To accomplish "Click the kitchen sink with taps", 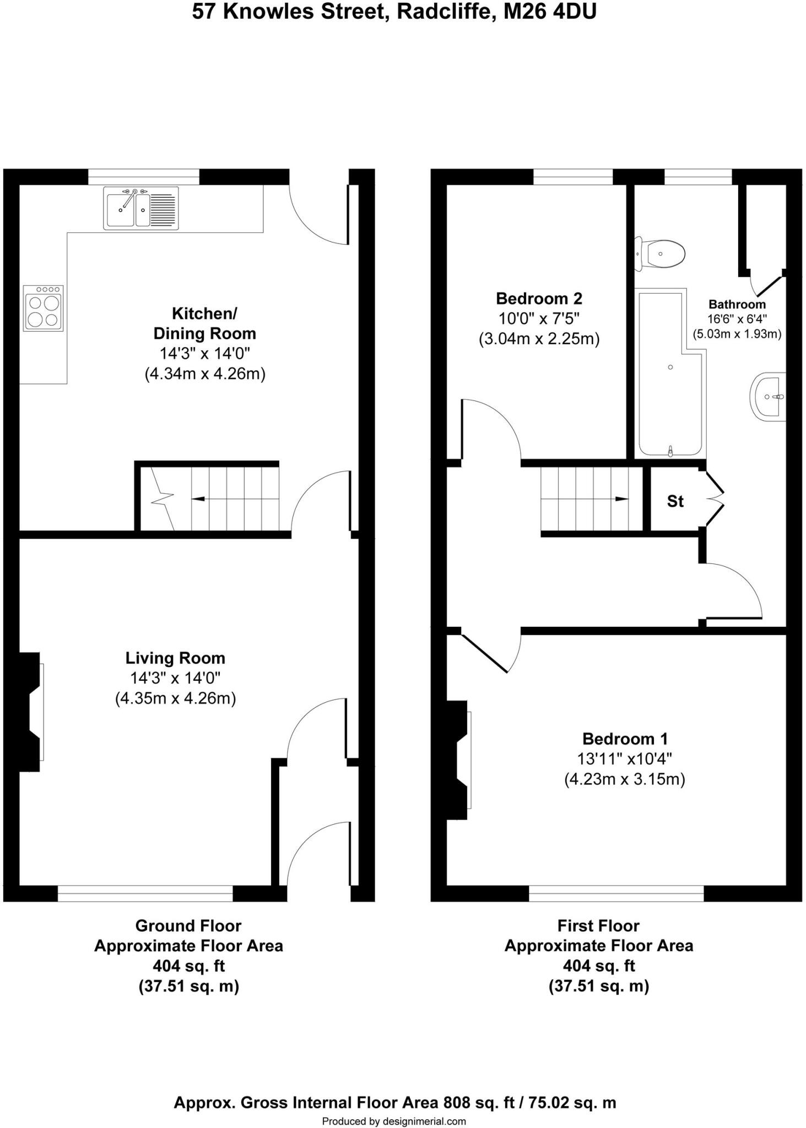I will coord(140,208).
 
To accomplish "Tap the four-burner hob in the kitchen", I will coord(43,308).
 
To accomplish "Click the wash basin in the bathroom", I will coord(769,397).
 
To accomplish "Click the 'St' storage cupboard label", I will coord(675,501).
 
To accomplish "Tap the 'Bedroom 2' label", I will coord(539,299).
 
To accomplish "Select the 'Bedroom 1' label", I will coord(625,739).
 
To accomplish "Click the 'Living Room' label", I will coord(175,658).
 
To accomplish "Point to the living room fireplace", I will coord(30,712).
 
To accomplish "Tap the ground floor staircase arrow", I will coord(198,499).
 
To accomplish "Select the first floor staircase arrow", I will coord(621,499).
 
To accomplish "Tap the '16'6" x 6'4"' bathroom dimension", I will coord(737,319).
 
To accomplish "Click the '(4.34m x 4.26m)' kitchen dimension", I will coord(205,374).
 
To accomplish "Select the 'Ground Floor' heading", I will coord(188,926).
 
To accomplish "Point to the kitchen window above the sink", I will coord(143,177).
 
